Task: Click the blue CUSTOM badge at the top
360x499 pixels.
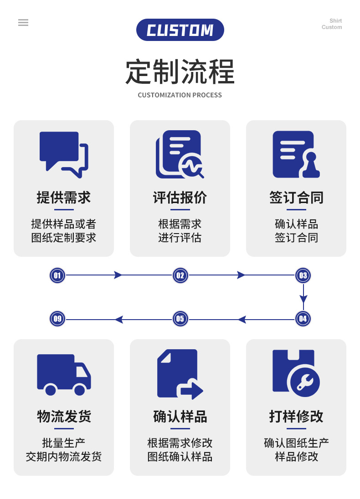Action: coord(180,30)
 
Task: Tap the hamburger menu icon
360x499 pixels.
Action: coord(23,23)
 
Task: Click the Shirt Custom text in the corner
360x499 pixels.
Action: coord(332,24)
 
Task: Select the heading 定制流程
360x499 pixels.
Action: coord(180,72)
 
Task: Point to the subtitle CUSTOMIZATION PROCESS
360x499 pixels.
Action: coord(180,95)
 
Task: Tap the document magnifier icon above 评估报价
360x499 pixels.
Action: coord(180,154)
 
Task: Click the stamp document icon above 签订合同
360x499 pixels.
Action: coord(296,154)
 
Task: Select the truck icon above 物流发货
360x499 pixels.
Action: coord(64,374)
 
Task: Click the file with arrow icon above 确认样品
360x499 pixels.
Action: coord(180,374)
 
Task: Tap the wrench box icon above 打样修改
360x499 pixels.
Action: coord(296,373)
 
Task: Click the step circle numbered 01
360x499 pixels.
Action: coord(57,275)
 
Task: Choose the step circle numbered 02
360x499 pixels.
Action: coord(180,275)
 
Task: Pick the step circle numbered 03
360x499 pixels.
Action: coord(303,275)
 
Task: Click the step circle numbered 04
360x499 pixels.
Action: coord(303,319)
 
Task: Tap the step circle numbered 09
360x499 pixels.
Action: coord(57,319)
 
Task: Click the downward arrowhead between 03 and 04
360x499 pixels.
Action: coord(303,299)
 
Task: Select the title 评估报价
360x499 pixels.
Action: coord(180,198)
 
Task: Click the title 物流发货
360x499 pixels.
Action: coord(64,417)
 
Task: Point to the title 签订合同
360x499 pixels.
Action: coord(296,198)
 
